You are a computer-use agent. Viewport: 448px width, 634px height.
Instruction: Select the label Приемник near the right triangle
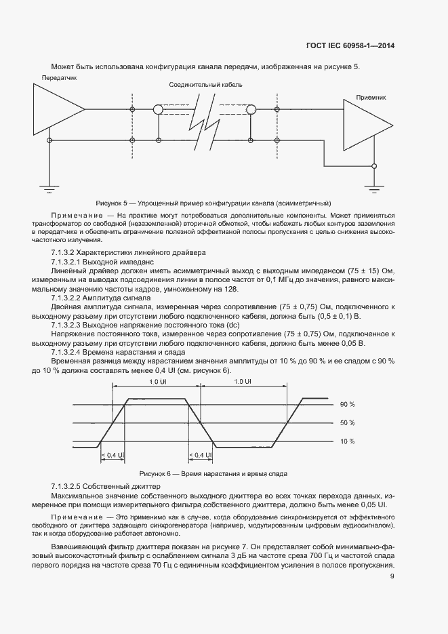click(x=371, y=98)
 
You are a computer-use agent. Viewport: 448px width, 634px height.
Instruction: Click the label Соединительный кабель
click(x=206, y=86)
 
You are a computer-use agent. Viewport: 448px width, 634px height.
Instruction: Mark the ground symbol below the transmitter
click(x=49, y=184)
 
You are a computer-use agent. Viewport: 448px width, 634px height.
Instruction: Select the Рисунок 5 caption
click(x=213, y=203)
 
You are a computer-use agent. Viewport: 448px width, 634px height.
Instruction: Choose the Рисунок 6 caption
click(x=213, y=473)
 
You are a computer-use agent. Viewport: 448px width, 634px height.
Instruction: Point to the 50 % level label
click(x=348, y=422)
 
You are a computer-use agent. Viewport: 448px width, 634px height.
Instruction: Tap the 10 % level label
click(x=348, y=441)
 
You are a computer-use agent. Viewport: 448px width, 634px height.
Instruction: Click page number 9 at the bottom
click(x=392, y=576)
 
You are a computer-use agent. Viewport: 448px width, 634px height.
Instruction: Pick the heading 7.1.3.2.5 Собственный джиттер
click(x=99, y=488)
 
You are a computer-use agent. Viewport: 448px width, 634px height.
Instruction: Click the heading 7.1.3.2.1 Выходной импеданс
click(x=103, y=261)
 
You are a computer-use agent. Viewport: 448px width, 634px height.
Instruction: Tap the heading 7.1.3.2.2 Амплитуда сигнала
click(x=102, y=298)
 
